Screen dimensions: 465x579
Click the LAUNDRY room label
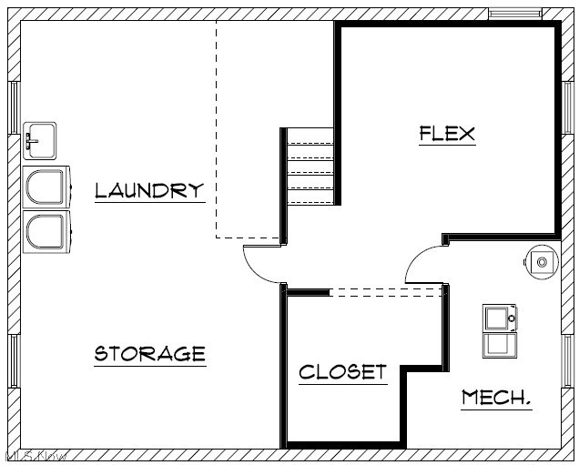[x=149, y=190]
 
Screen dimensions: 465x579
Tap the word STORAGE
[x=150, y=353]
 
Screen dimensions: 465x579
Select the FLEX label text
[x=447, y=133]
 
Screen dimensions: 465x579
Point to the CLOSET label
[x=342, y=372]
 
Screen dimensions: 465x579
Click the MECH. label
[x=496, y=398]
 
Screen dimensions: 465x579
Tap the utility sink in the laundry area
[x=40, y=140]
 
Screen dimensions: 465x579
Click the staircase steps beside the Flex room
[x=310, y=166]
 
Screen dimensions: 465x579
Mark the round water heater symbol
[x=542, y=262]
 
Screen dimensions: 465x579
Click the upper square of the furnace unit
[x=499, y=318]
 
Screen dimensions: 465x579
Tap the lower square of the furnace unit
[x=499, y=344]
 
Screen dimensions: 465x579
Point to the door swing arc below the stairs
[x=261, y=265]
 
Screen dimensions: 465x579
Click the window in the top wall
[x=514, y=14]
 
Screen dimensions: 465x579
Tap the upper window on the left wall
[x=14, y=107]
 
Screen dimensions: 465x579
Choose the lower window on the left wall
[x=14, y=361]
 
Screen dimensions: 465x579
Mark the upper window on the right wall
[x=566, y=106]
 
